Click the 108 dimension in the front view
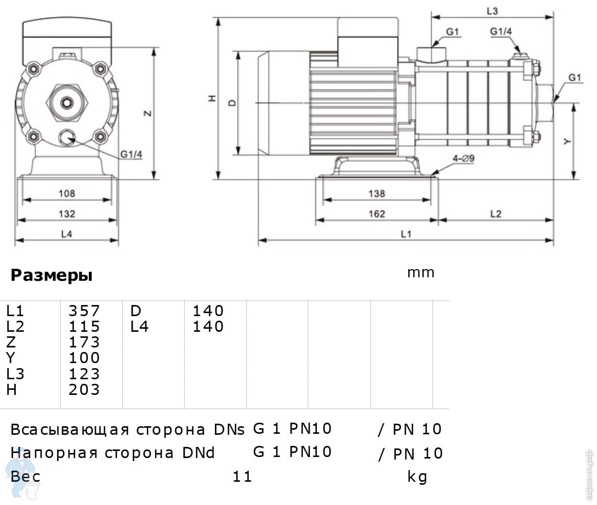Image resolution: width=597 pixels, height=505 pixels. (67, 193)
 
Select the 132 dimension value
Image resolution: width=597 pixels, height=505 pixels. (67, 214)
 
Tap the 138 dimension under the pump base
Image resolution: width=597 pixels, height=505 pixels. (376, 193)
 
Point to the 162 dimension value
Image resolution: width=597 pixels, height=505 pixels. (376, 214)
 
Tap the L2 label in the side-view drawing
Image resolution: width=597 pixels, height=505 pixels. (496, 214)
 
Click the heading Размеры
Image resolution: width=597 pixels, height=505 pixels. (51, 276)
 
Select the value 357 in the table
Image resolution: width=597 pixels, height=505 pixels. (84, 310)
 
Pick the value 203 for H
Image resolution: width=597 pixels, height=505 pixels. (84, 390)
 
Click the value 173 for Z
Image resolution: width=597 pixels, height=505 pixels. (84, 342)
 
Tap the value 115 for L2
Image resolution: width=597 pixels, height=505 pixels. (84, 326)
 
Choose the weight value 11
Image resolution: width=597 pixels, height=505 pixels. (242, 476)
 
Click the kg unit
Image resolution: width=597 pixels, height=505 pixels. (417, 476)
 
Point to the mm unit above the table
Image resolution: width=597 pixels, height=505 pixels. (420, 273)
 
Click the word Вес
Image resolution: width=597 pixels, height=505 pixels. (26, 476)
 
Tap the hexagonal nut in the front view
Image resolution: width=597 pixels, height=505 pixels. (67, 103)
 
